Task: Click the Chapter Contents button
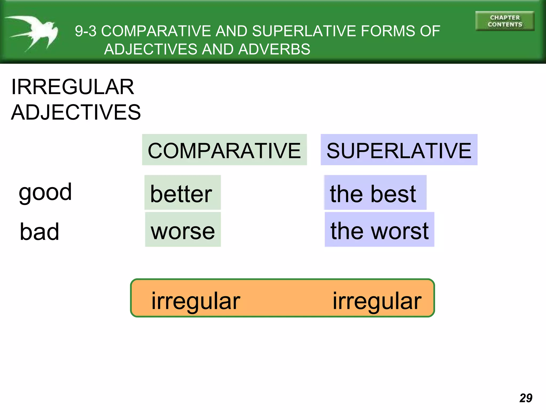point(505,21)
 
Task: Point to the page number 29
point(526,398)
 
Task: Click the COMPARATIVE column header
point(224,151)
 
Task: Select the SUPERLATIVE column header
point(399,151)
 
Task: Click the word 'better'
point(181,194)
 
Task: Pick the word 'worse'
point(183,231)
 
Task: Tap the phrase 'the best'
point(373,194)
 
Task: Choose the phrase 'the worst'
point(379,231)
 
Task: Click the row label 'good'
point(45,192)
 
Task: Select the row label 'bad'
point(39,231)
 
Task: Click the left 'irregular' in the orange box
point(196,301)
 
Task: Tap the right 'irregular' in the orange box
point(377,301)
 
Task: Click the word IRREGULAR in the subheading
point(73,87)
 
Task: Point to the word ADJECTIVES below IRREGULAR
point(76,112)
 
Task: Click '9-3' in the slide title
point(86,31)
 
